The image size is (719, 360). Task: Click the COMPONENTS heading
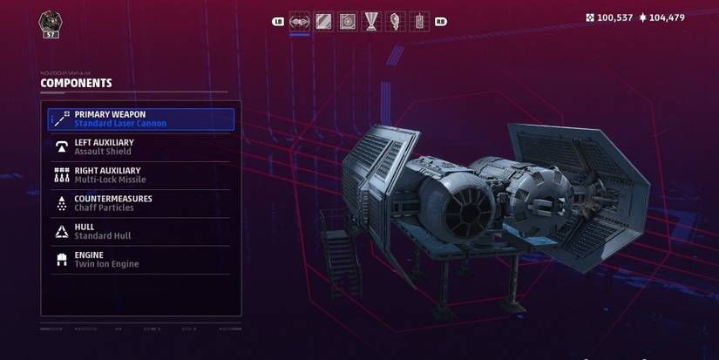(76, 84)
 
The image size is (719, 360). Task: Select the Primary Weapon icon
(61, 119)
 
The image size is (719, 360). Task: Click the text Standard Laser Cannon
(120, 124)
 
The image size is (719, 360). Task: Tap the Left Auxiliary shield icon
(61, 146)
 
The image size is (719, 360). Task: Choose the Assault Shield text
(104, 152)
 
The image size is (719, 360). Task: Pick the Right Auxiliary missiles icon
(61, 174)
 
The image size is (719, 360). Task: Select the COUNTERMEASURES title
(113, 199)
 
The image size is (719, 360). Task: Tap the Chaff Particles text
(105, 207)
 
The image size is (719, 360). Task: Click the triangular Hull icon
(61, 231)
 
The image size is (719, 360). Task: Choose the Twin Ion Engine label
(106, 264)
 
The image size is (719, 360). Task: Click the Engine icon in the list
(61, 259)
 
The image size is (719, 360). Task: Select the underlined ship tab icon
(300, 20)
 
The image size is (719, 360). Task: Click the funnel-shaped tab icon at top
(371, 20)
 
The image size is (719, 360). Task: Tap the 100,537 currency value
(615, 17)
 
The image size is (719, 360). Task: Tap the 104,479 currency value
(668, 17)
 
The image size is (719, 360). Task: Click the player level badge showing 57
(51, 24)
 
